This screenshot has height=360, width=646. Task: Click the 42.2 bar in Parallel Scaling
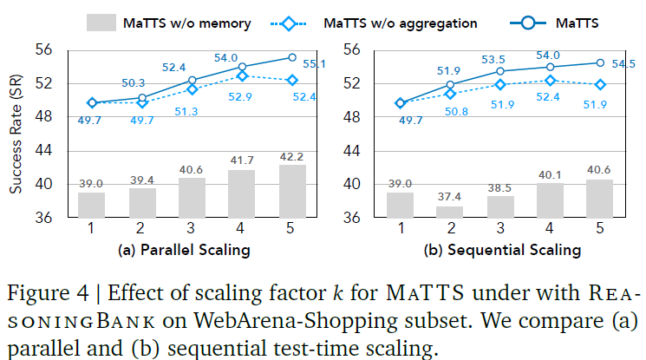click(x=293, y=191)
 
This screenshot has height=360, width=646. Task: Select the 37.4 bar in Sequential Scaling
click(x=449, y=212)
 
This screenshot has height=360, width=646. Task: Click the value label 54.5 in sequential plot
click(x=623, y=63)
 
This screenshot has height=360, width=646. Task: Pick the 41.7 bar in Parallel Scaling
click(x=243, y=193)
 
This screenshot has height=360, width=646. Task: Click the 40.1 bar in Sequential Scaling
click(x=549, y=200)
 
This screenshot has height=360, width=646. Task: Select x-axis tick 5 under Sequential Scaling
click(x=599, y=230)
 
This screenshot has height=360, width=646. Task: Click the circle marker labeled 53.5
click(x=499, y=70)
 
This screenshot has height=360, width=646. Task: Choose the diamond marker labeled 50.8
click(x=449, y=93)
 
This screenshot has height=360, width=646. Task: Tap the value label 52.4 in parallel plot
click(x=191, y=67)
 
